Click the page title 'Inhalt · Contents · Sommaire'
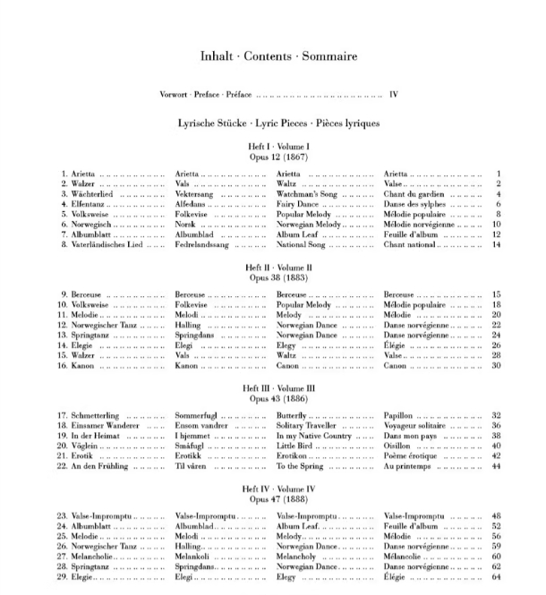point(279,56)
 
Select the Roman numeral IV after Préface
point(392,94)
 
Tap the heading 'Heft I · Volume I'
point(279,146)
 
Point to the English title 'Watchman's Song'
point(307,194)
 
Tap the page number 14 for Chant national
point(495,244)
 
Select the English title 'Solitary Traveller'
point(310,426)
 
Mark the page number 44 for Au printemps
point(495,466)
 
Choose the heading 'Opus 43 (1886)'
point(279,399)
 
